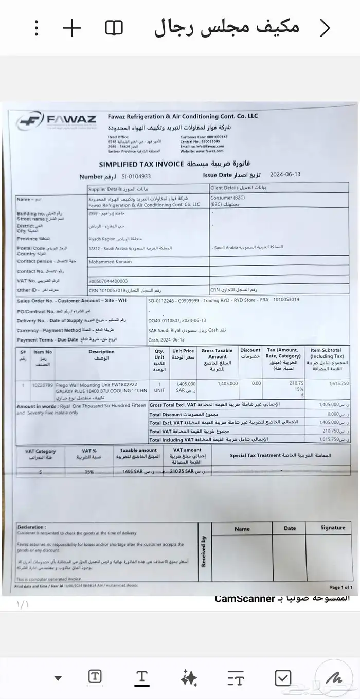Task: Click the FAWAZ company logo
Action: pos(56,121)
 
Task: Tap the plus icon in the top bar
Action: pos(72,28)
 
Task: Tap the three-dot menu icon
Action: pos(36,28)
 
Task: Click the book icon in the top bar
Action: pos(114,28)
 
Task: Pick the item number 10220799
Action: pos(42,384)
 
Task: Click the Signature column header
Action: pos(333,527)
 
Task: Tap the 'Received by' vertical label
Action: pos(204,551)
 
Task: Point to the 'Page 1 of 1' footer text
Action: pos(340,587)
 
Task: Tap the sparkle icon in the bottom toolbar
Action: pos(189,678)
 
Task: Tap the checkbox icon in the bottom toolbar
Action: pos(283,678)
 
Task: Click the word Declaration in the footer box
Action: pos(31,527)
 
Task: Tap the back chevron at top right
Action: pos(325,28)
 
